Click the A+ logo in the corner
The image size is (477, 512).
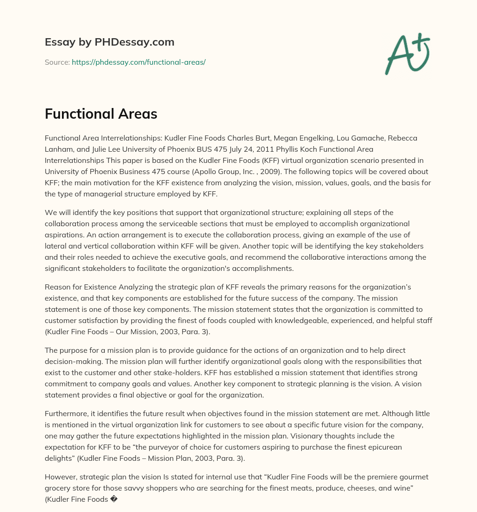407,54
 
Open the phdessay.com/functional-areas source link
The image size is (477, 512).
138,62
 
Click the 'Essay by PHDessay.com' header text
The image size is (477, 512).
109,42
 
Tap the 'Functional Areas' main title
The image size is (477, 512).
101,114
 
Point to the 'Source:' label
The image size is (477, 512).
57,62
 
